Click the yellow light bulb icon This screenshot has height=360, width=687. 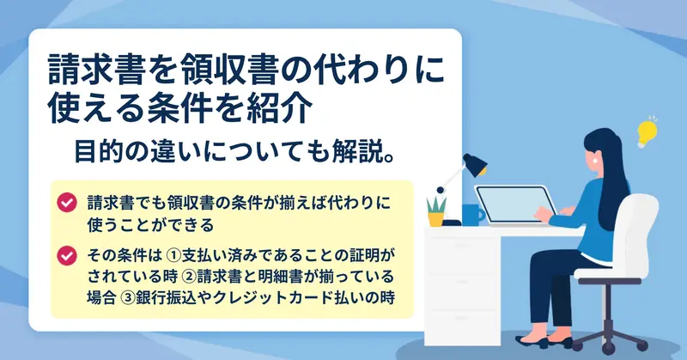coord(647,132)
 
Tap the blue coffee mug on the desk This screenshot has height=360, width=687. coord(473,215)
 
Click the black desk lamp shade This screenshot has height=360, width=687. coord(475,164)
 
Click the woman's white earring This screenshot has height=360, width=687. coord(596,161)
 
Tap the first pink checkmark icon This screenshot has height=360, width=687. coord(67,203)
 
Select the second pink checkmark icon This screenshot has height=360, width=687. coord(67,255)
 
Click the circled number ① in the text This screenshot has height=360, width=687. coord(174,255)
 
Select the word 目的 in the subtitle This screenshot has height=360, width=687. coord(98,151)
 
